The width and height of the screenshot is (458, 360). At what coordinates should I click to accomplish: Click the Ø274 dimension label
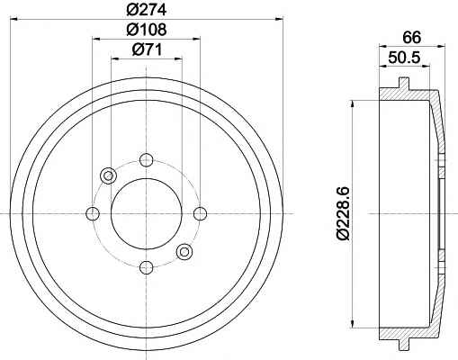146,10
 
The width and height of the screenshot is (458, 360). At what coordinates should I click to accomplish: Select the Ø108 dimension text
147,30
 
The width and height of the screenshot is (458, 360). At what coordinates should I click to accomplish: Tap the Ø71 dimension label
147,49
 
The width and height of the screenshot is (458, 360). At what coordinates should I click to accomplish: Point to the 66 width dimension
412,37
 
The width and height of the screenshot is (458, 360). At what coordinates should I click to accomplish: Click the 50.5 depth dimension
404,58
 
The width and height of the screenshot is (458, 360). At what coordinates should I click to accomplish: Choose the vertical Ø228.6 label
343,213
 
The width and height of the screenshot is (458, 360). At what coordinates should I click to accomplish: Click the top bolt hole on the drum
147,160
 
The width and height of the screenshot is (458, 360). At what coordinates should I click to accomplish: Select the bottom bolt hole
147,267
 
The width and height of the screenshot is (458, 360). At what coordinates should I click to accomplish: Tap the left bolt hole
93,213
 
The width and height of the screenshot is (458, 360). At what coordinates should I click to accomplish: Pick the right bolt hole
200,213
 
